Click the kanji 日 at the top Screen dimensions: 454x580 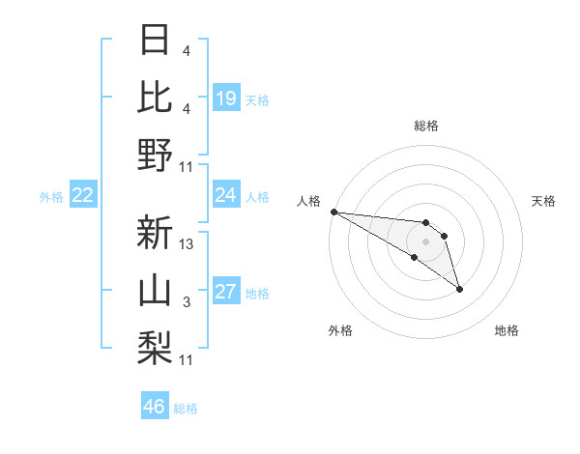[x=156, y=41]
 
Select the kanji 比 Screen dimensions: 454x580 [x=156, y=98]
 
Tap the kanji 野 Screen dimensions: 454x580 [x=156, y=155]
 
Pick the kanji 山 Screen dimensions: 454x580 [x=156, y=291]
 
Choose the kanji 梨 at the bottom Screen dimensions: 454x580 [x=156, y=348]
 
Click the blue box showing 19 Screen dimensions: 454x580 [x=226, y=98]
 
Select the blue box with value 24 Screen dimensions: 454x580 [x=226, y=195]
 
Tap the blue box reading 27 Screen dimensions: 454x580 [x=226, y=292]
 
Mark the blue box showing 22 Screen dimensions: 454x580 [x=83, y=195]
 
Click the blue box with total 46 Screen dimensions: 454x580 [x=155, y=407]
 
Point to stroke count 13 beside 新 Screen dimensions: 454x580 [x=187, y=245]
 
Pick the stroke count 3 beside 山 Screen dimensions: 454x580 [x=187, y=302]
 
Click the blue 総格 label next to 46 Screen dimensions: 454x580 [x=186, y=409]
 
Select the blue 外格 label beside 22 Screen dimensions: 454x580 [x=51, y=197]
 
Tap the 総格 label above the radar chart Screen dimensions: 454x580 [x=426, y=126]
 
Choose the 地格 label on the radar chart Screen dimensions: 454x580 [x=507, y=330]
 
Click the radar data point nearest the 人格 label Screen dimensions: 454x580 [x=333, y=211]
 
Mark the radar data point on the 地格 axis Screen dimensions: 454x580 [x=459, y=288]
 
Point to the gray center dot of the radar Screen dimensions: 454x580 [x=426, y=241]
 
